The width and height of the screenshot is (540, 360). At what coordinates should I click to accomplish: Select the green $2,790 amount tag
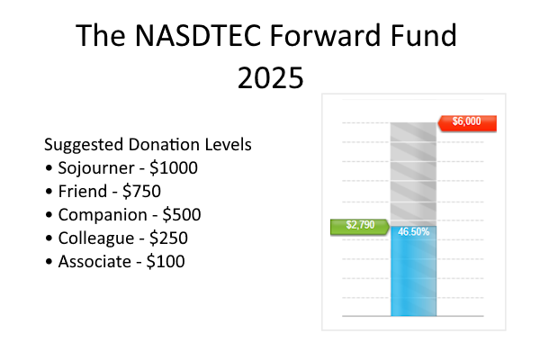357,226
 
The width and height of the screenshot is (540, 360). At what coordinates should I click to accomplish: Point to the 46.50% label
414,232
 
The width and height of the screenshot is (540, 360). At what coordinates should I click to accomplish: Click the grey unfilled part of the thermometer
414,171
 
